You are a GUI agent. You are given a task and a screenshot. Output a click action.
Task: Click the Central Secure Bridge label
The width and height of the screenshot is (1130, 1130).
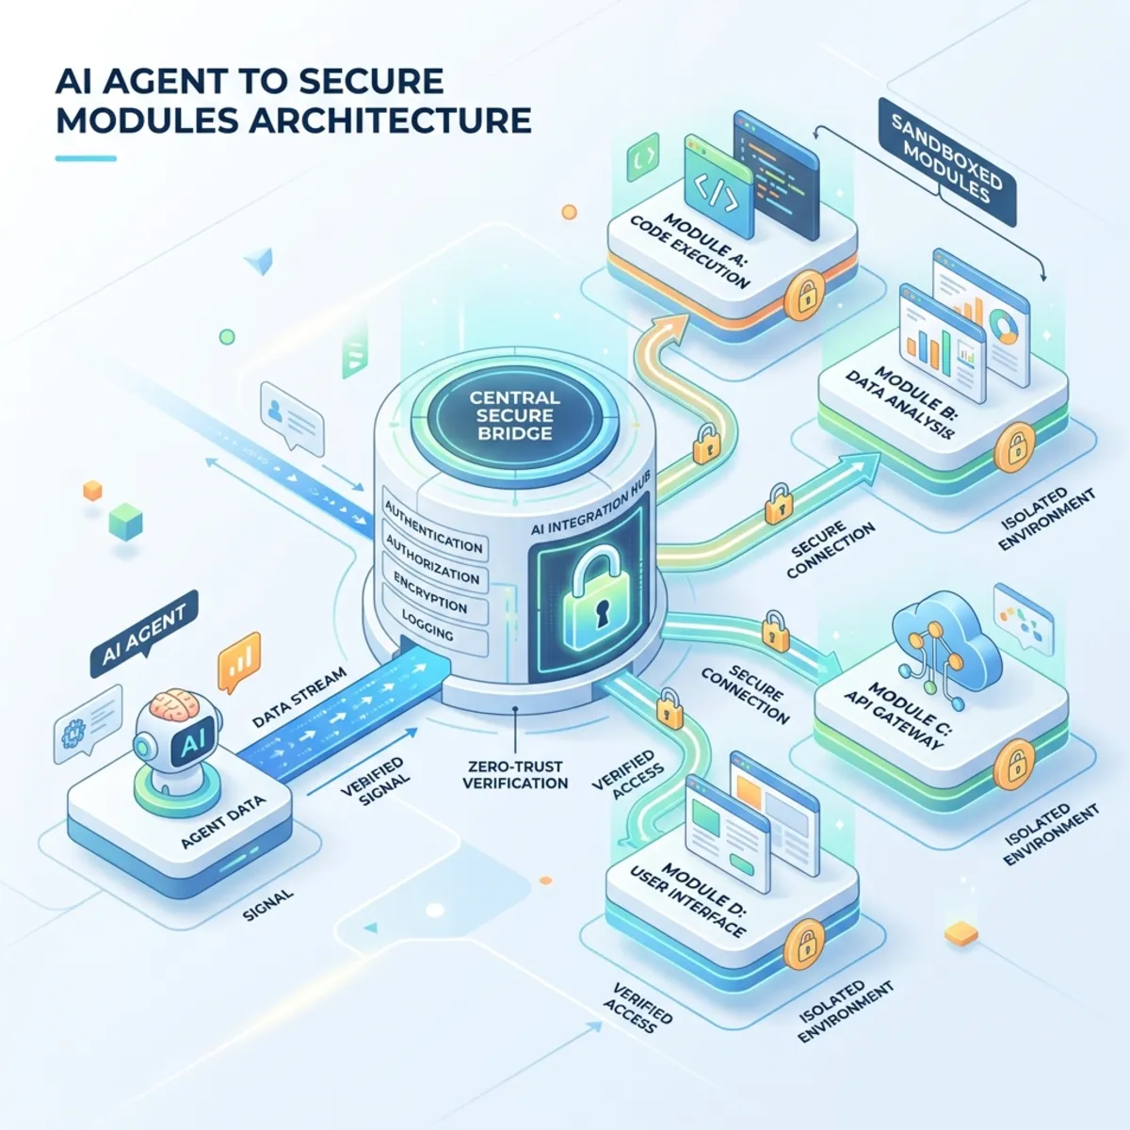point(515,415)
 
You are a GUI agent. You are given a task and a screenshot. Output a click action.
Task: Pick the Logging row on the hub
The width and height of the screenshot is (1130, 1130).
point(434,628)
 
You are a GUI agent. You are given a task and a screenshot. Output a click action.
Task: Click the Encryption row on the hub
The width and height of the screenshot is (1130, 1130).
point(434,593)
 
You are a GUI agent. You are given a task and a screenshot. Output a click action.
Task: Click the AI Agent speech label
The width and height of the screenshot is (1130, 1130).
point(144,637)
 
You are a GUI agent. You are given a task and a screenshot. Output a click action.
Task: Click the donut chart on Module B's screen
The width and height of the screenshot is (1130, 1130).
point(1005,327)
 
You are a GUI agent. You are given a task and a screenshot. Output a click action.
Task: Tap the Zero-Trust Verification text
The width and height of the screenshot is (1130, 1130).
point(515,774)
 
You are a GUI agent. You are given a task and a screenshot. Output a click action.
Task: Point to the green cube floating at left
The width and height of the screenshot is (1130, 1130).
point(125,521)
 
